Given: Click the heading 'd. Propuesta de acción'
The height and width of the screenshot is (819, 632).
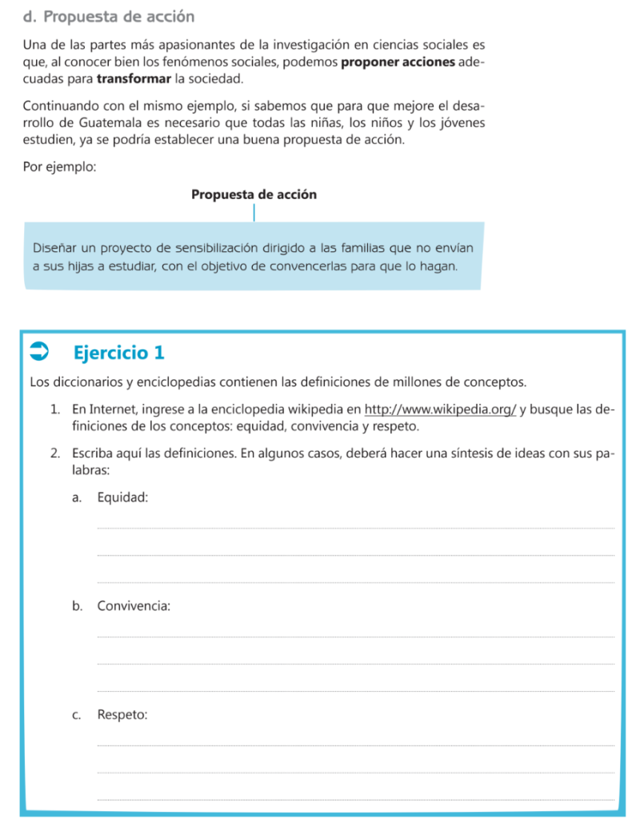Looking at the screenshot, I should (109, 16).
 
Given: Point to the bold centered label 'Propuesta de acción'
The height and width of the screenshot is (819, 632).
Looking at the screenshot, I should (254, 194).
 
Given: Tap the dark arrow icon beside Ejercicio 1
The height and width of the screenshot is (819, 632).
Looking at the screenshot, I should (39, 351).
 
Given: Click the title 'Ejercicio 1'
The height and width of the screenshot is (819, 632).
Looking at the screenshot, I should (118, 352).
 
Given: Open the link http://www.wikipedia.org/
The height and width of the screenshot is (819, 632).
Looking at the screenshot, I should (440, 409).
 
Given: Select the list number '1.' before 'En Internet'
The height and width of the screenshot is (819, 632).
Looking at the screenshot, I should (54, 409).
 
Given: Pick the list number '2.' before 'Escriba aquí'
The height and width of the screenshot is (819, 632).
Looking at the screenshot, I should (54, 454).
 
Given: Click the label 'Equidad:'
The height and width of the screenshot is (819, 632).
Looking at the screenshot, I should (122, 497).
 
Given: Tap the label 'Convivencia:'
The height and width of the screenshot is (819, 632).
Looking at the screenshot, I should (134, 605).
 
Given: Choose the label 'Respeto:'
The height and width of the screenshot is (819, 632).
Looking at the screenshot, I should (122, 714).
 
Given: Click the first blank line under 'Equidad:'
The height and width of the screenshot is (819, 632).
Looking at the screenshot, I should (355, 527).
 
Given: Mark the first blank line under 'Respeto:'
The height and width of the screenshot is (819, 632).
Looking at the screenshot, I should (355, 745).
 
